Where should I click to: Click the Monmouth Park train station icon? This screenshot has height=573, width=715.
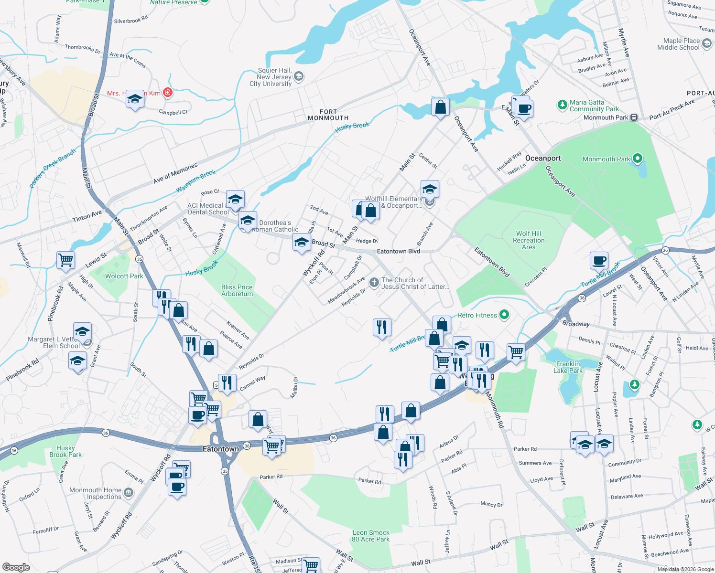tap(634, 117)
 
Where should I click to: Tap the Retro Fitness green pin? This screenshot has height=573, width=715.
tap(504, 315)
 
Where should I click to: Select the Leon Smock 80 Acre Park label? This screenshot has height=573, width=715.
tap(371, 536)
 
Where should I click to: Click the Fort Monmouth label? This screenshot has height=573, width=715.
tap(328, 115)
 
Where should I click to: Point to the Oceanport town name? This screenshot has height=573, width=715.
tap(543, 158)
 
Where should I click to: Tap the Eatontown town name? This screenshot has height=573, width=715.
tap(221, 449)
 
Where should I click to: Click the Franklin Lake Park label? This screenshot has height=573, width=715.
tap(568, 367)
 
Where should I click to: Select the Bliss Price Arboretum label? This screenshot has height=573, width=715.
tap(237, 290)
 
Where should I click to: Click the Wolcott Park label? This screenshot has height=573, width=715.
tap(124, 276)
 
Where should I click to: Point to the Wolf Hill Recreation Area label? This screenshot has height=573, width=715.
tap(529, 240)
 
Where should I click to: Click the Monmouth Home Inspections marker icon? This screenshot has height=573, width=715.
tap(128, 492)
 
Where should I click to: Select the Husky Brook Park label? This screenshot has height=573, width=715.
tap(65, 451)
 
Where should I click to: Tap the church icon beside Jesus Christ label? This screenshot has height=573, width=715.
tap(374, 283)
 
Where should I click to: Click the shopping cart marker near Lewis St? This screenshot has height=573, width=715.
tap(65, 260)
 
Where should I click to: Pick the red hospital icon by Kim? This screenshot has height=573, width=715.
tap(168, 93)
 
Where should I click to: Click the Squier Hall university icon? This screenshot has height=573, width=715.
tap(299, 76)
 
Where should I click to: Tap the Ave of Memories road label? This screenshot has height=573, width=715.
tap(175, 173)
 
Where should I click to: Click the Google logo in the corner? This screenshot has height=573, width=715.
tap(16, 567)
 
